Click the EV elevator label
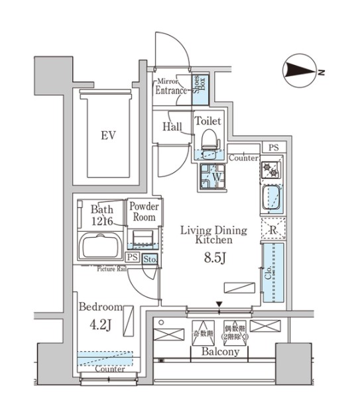click(x=109, y=136)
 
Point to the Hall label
click(x=172, y=127)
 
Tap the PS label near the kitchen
click(x=274, y=147)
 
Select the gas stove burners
click(x=272, y=170)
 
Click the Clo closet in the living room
click(x=272, y=272)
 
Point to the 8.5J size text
click(x=215, y=258)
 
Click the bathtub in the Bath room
click(x=101, y=248)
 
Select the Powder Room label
click(x=144, y=212)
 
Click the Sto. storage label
click(x=150, y=259)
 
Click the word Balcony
click(x=220, y=352)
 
